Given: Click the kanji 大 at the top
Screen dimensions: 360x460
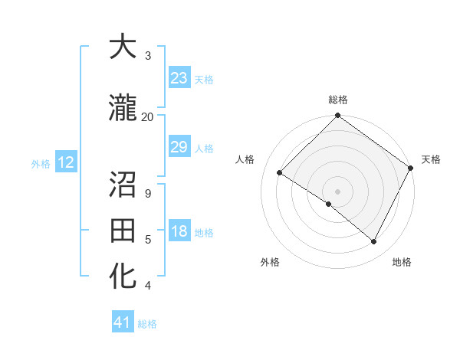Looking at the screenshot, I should coord(123,48).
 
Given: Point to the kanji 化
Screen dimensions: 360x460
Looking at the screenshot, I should coord(123,275).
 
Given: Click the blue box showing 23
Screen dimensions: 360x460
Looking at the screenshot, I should coord(179,78).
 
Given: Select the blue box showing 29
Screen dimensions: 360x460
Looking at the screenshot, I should coord(179,147).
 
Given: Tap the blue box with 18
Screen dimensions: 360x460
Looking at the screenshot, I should coord(179,232).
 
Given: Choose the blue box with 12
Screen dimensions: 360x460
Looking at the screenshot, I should coord(65,162).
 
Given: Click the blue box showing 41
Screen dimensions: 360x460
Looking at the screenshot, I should coord(123,322).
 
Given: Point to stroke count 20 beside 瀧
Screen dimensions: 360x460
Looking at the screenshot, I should coord(147,116).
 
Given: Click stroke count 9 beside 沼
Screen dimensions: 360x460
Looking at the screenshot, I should coord(147,193).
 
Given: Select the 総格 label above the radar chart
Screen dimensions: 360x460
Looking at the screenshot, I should coord(338,100).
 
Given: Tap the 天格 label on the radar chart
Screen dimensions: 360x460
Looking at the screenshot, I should coord(431,160).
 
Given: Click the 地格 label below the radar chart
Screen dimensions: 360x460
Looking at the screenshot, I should coord(402,262).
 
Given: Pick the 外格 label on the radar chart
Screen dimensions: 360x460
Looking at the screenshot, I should coord(270,262).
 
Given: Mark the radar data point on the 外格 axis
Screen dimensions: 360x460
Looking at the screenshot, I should coord(329,204).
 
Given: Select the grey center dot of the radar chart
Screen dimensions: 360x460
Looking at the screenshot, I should coord(337,191).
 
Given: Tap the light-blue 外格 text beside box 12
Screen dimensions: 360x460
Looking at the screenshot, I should coord(40,163).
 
